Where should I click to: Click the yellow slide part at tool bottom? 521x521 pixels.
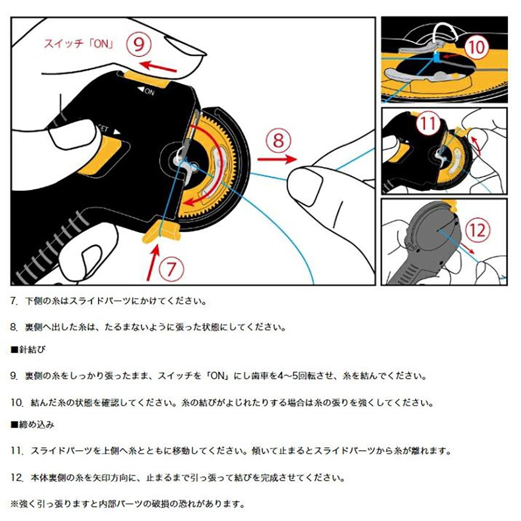(x=160, y=231)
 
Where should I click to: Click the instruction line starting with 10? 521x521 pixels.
(x=213, y=403)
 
